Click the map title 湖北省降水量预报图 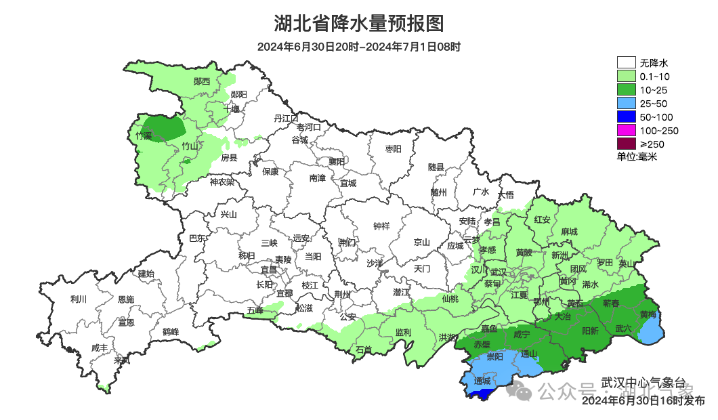pyautogui.click(x=359, y=24)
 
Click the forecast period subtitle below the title pyautogui.click(x=359, y=47)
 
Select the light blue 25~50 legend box pyautogui.click(x=626, y=104)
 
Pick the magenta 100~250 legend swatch pyautogui.click(x=626, y=130)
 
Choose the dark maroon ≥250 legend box pyautogui.click(x=626, y=144)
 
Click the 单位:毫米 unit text pyautogui.click(x=637, y=156)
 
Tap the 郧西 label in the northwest pyautogui.click(x=201, y=81)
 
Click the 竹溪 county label pyautogui.click(x=144, y=136)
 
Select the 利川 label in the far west pyautogui.click(x=79, y=299)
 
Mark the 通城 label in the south pyautogui.click(x=482, y=381)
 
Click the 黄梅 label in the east pyautogui.click(x=648, y=315)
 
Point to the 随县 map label pyautogui.click(x=436, y=167)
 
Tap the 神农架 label pyautogui.click(x=221, y=182)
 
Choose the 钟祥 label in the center pyautogui.click(x=381, y=226)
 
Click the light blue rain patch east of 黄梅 pyautogui.click(x=652, y=331)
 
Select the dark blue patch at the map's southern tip pyautogui.click(x=485, y=393)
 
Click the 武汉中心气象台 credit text pyautogui.click(x=644, y=383)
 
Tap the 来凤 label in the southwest pyautogui.click(x=122, y=360)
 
